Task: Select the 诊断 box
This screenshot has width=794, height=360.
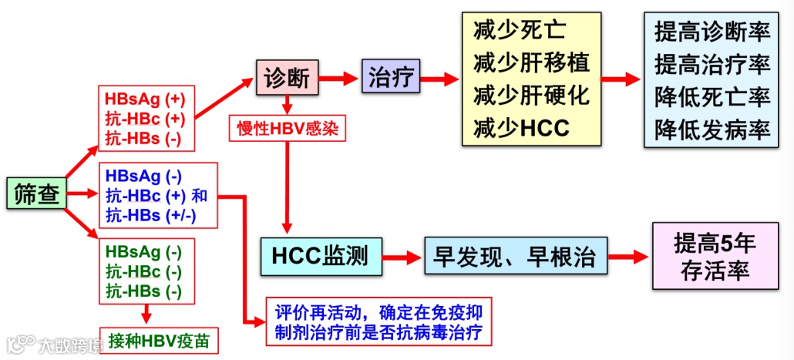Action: pos(287,79)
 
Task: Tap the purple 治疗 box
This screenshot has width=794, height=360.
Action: pos(389,79)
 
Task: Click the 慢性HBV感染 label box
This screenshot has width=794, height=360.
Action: pos(288,128)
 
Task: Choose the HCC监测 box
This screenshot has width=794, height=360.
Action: pos(320,254)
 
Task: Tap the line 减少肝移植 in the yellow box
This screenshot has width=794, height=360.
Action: pos(530,62)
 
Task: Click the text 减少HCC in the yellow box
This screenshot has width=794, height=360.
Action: pos(521,127)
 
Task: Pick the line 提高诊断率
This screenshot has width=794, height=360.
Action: pos(712,32)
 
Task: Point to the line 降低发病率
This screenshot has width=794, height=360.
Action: pos(712,129)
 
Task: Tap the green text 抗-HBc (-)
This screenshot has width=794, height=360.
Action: pos(144,272)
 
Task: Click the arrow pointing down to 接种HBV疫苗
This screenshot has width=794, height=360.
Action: pos(146,313)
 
